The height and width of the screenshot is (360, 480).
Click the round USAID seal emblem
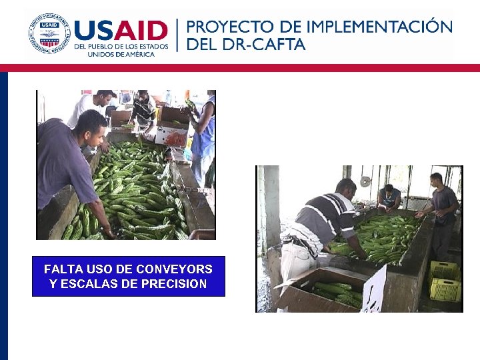pos(49,33)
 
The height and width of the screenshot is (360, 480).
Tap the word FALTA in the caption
pos(61,269)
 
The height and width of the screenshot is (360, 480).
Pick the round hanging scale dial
pos(365,181)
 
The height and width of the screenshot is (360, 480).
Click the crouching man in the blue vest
pos(389,198)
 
